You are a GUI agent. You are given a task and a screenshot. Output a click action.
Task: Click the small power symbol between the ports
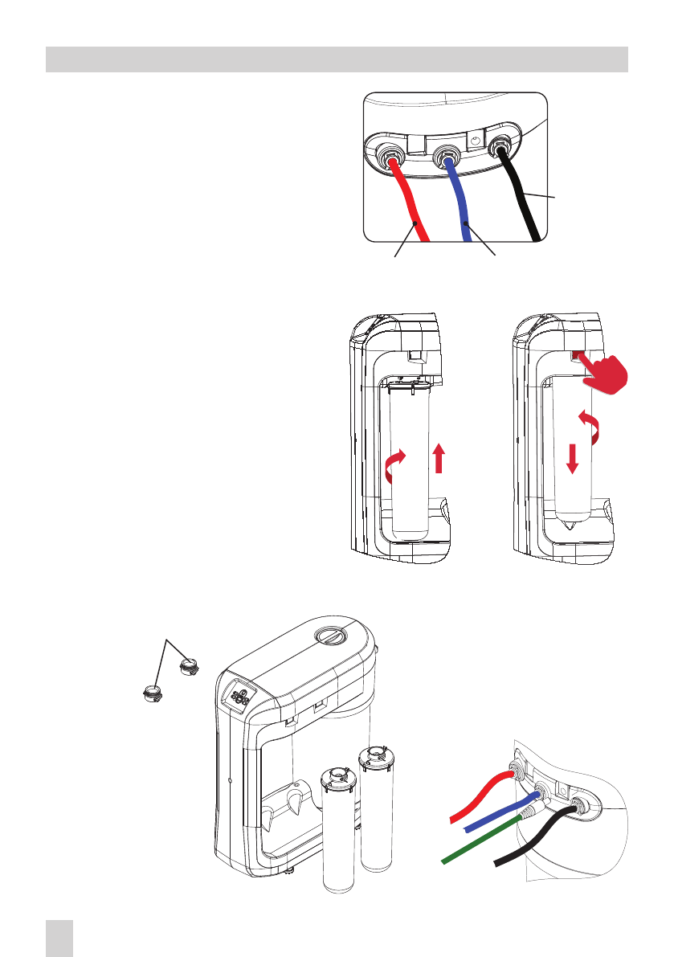[x=475, y=140]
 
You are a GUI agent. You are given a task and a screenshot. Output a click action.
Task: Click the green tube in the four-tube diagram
[x=482, y=836]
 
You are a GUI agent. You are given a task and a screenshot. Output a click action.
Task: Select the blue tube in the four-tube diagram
[x=498, y=812]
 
